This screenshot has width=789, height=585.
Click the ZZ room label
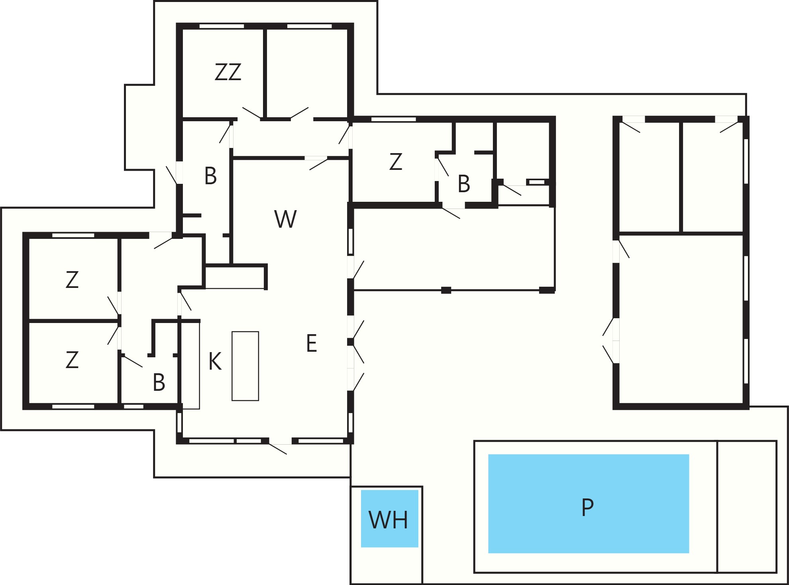point(228,72)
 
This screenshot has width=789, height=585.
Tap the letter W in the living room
point(286,219)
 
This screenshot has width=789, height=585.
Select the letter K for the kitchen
point(215,362)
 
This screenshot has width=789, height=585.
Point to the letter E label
point(312,343)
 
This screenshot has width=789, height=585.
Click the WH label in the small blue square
point(389,520)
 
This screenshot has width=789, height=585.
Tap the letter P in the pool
point(588,508)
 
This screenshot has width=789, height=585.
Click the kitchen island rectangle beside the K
point(245,366)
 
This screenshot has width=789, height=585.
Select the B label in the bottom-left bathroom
point(159,382)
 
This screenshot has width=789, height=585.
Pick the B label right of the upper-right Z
point(464,184)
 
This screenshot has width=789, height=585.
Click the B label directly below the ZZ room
point(210,175)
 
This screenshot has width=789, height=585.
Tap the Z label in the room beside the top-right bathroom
point(396,162)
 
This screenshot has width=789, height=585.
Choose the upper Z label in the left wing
point(72,280)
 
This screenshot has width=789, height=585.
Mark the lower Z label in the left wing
point(72,360)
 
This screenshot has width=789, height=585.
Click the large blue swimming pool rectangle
point(589,504)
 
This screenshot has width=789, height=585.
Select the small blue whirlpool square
point(390,518)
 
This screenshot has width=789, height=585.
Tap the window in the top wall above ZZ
point(222,26)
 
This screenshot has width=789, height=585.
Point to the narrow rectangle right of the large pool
point(747,506)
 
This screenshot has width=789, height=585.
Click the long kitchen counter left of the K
point(190,365)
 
